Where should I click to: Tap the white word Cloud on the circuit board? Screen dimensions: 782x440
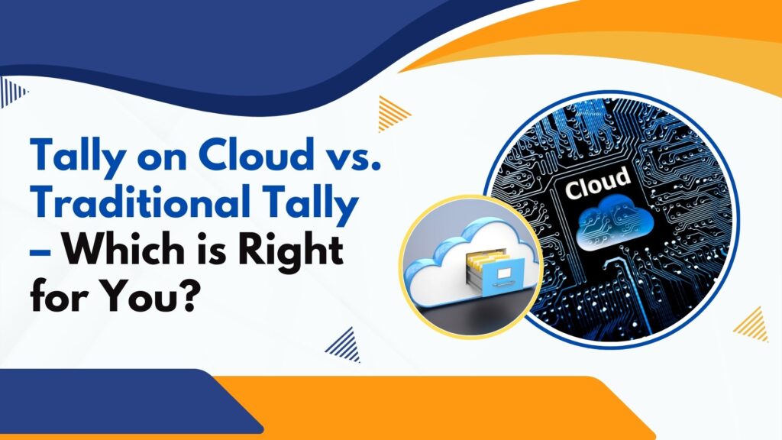tap(597, 183)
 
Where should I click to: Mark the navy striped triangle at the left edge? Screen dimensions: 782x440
tap(12, 92)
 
